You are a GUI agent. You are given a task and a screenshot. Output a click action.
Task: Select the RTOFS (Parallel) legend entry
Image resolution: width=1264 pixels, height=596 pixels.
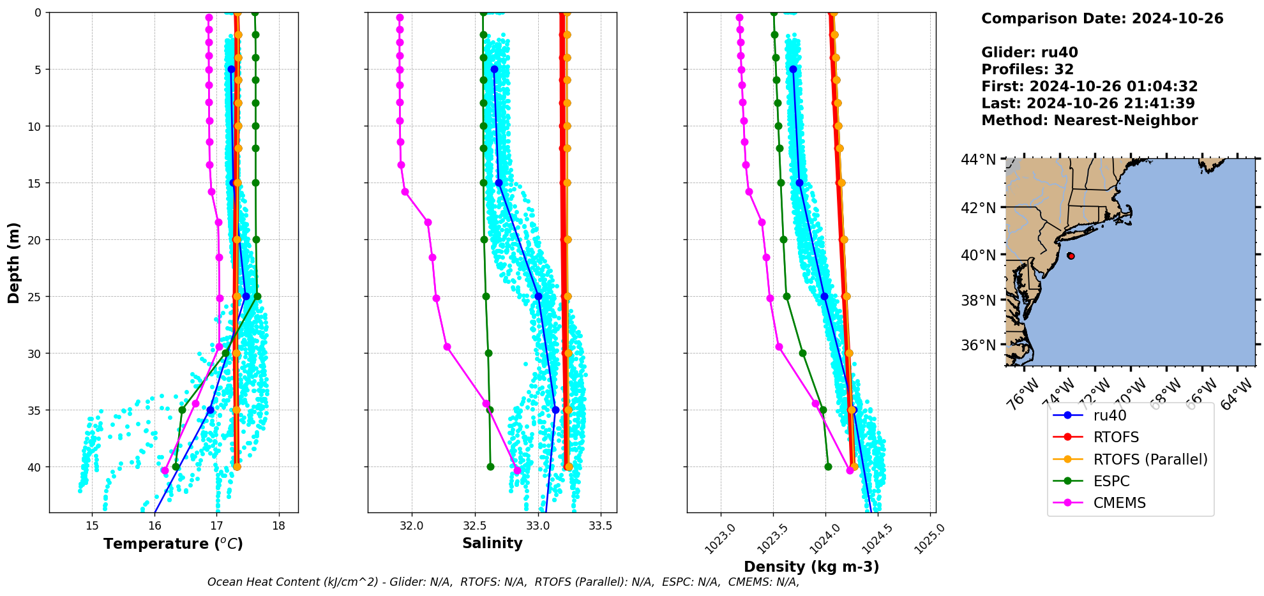(x=1150, y=459)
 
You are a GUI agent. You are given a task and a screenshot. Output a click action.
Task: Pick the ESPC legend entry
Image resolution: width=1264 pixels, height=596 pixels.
(x=1111, y=481)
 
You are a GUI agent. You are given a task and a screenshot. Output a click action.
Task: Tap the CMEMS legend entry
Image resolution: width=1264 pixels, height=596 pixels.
(x=1119, y=503)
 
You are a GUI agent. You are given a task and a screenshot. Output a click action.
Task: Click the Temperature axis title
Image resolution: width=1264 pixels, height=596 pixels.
(x=173, y=544)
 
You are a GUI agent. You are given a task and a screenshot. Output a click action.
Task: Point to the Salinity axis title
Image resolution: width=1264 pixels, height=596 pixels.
(x=492, y=543)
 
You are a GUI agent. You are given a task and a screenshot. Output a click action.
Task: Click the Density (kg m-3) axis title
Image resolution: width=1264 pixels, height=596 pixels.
(x=811, y=567)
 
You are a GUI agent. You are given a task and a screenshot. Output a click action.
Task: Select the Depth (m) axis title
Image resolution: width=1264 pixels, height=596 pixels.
(x=14, y=262)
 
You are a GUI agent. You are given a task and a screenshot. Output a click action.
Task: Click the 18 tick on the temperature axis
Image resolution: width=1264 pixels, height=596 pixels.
(x=278, y=526)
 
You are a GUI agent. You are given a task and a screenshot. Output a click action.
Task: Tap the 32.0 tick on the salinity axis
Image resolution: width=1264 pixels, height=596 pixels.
(x=412, y=526)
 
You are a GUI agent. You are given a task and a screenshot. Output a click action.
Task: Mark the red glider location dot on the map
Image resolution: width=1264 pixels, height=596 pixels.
(x=1071, y=256)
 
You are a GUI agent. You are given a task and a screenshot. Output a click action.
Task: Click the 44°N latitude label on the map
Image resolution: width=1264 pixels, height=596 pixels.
(x=979, y=160)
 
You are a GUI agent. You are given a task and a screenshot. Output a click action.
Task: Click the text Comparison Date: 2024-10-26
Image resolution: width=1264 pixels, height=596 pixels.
(x=1102, y=19)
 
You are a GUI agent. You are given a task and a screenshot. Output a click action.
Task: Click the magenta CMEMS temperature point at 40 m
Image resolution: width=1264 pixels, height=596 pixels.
(x=165, y=470)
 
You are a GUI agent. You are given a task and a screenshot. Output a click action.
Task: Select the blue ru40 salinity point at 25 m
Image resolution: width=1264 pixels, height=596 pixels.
(x=538, y=296)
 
